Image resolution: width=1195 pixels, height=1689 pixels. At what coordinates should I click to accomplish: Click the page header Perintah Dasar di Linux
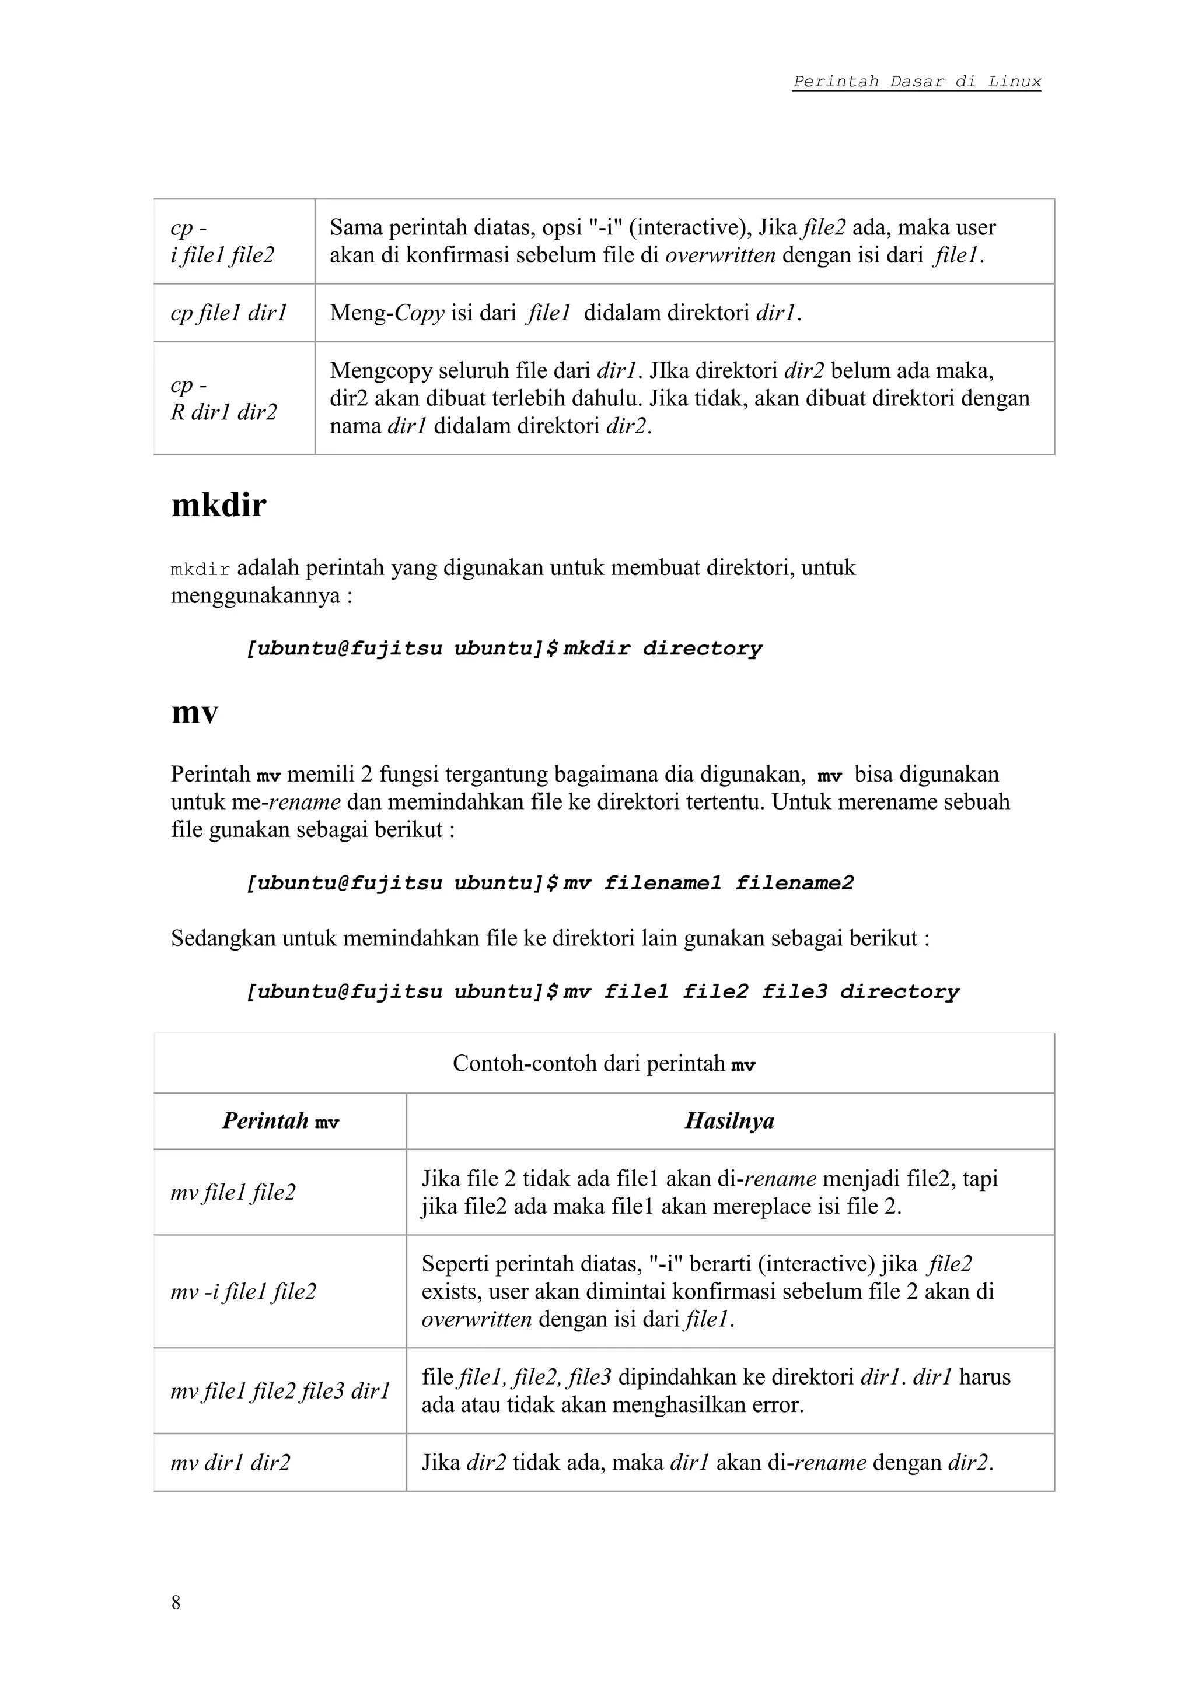point(916,82)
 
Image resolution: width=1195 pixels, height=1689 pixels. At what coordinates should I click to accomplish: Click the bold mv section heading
point(194,712)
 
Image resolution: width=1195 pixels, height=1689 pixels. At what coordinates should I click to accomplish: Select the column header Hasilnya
point(729,1120)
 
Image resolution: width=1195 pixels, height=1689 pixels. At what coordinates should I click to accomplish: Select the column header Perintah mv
point(280,1121)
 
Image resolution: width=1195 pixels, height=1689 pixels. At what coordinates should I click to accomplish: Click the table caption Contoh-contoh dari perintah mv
point(603,1064)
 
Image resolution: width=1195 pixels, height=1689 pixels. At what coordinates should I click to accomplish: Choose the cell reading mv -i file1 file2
point(243,1292)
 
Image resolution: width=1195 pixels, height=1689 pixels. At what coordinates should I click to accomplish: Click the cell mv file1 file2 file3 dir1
point(279,1390)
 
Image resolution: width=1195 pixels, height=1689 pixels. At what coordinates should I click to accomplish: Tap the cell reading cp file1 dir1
point(228,313)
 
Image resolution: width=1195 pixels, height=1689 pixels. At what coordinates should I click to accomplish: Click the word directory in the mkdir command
point(702,649)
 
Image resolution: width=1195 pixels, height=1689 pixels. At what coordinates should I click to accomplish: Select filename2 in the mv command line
point(794,883)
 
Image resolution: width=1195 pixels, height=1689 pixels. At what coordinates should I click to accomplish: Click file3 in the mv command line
point(794,993)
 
